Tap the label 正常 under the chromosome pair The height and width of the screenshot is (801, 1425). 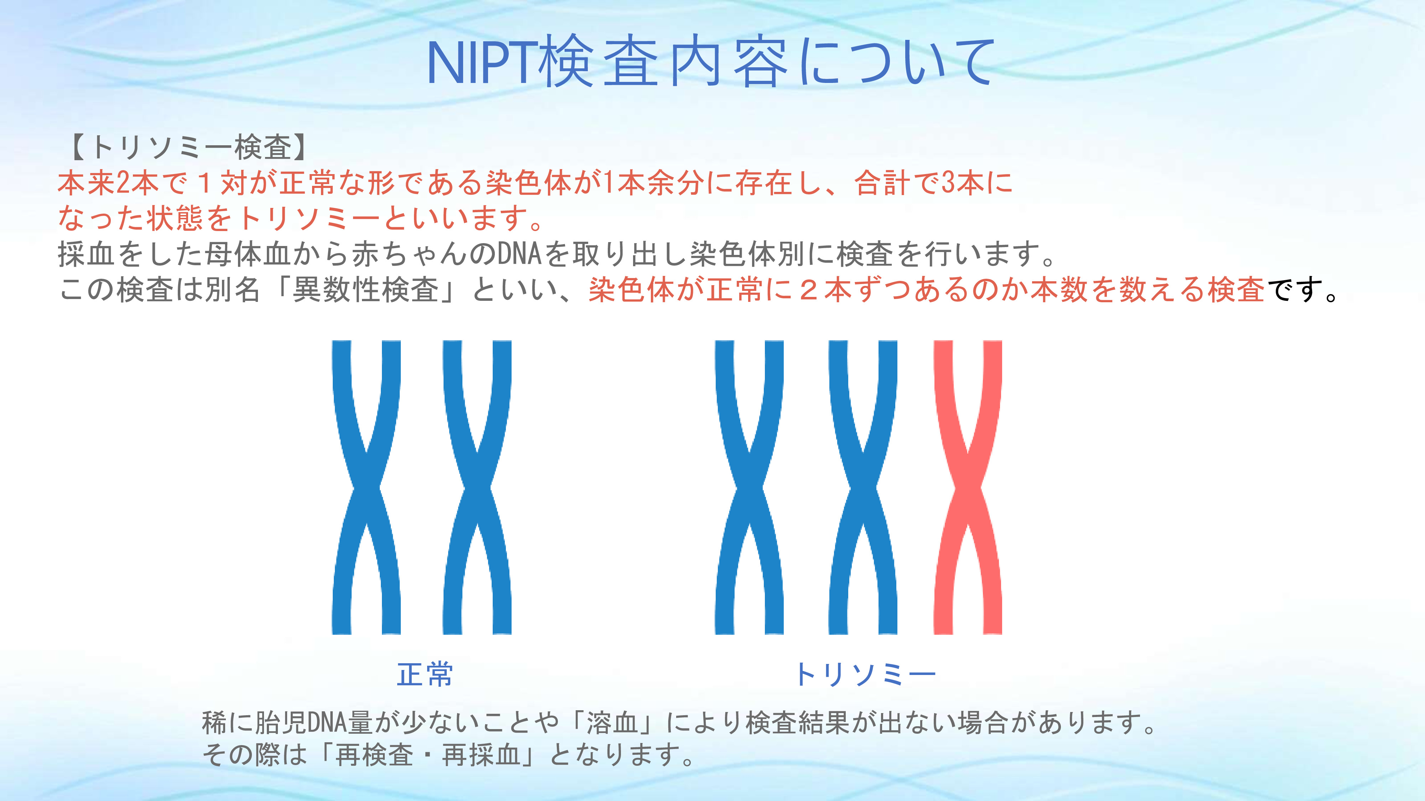point(425,674)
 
